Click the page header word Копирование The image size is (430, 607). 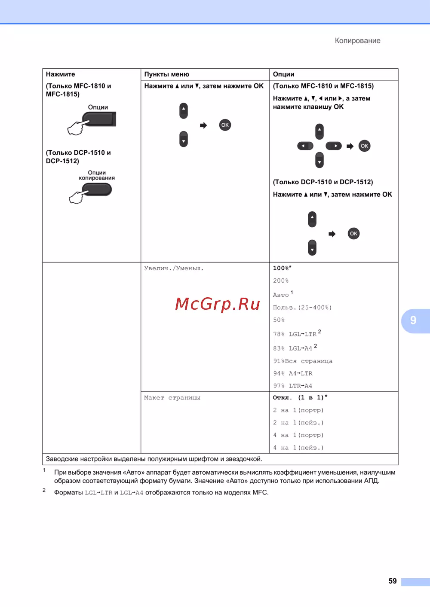coord(357,41)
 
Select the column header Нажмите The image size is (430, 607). coord(61,74)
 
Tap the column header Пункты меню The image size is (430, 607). coord(166,74)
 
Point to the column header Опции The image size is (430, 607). coord(283,74)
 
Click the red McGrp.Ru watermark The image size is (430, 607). coord(218,304)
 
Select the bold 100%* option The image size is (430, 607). coord(282,268)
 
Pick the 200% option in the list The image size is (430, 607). coord(281,281)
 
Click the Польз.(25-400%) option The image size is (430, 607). coord(302,308)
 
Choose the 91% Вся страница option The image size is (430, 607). coord(303,361)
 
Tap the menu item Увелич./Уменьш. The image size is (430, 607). coord(174,268)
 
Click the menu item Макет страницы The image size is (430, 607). coord(172,398)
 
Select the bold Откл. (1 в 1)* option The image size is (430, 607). coord(300,398)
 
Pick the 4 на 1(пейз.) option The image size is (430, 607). coord(298,448)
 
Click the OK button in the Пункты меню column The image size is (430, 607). coord(225,125)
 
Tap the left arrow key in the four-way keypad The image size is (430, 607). coord(305,146)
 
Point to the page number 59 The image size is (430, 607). coord(392,581)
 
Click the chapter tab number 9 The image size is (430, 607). coord(413,320)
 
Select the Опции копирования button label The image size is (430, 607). coord(97,175)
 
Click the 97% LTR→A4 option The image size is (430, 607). coord(292,386)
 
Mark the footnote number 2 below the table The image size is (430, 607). coord(44,490)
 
